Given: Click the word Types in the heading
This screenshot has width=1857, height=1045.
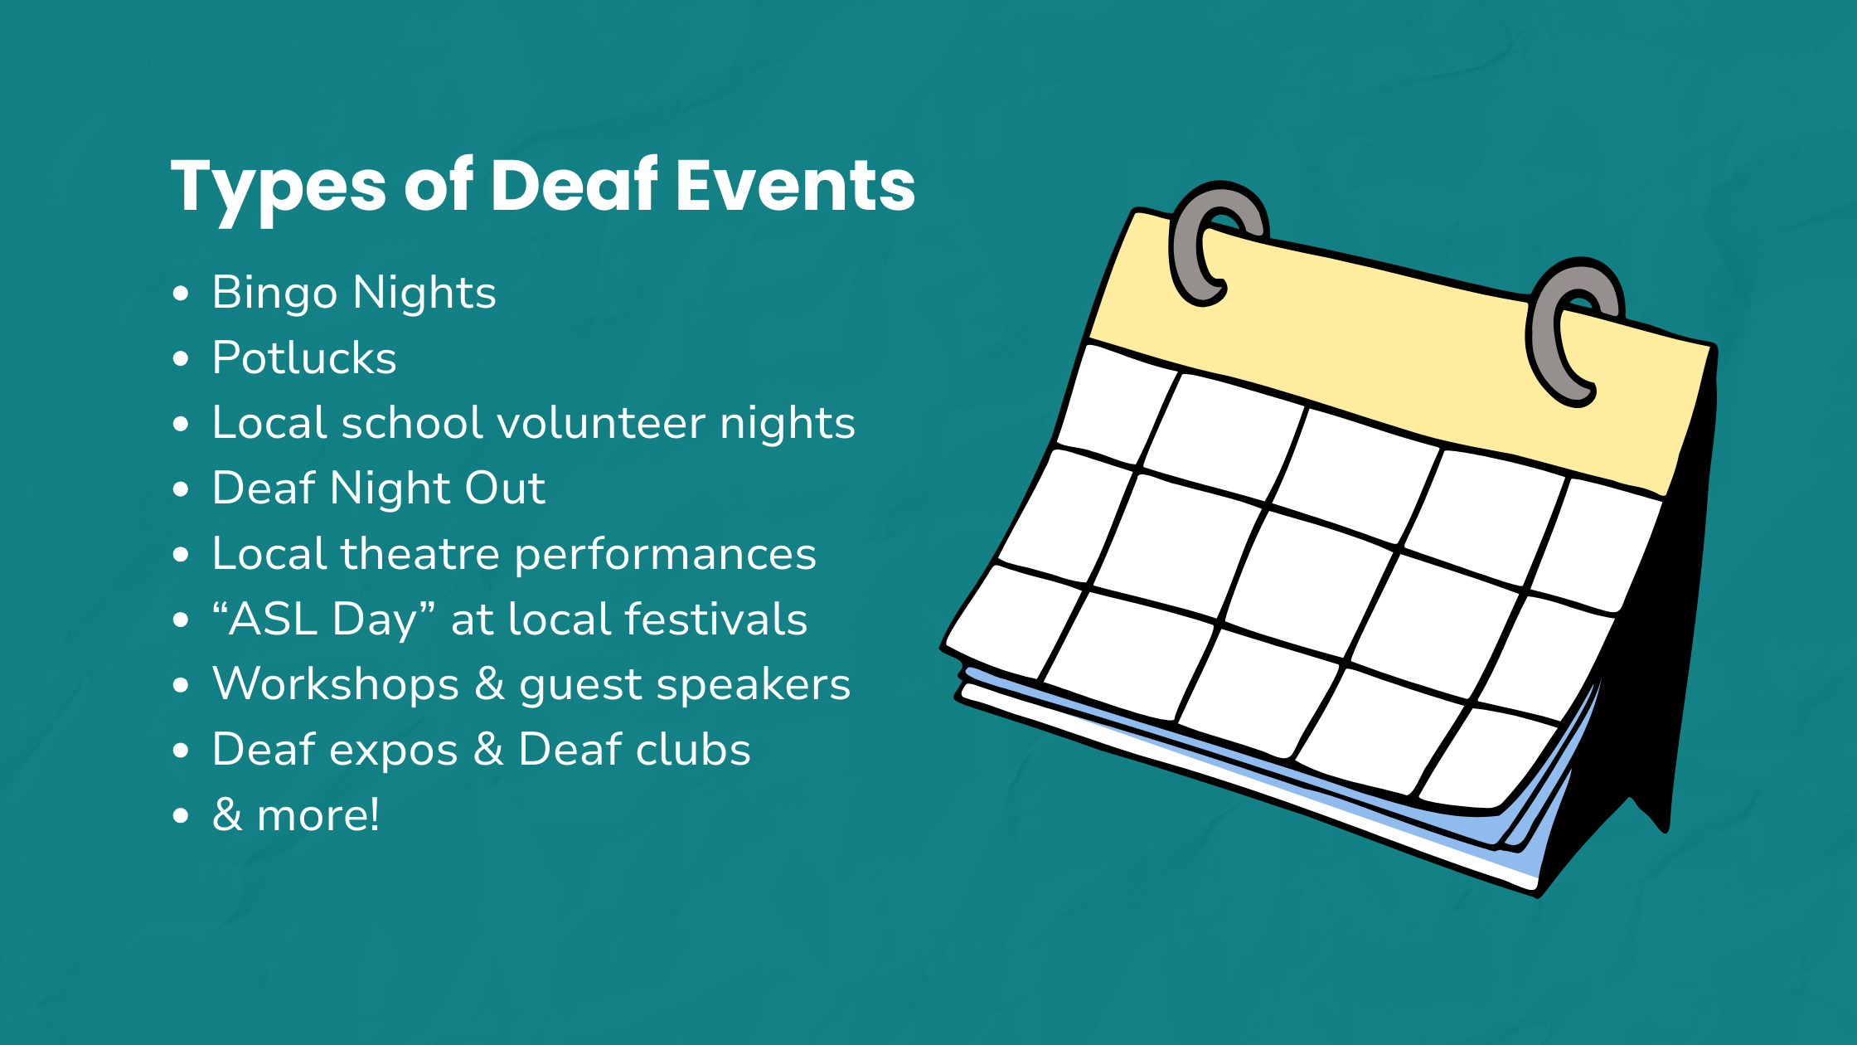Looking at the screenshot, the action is point(278,189).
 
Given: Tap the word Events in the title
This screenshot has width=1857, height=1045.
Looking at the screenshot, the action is point(795,185).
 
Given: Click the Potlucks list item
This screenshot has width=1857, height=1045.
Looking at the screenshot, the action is point(304,357).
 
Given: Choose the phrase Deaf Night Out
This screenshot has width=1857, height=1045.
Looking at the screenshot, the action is point(379,488).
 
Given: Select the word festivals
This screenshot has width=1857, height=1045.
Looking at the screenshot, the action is point(715,619).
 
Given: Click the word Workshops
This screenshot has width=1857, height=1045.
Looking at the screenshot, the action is point(336,684).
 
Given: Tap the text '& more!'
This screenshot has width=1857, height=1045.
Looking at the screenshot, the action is point(296,814).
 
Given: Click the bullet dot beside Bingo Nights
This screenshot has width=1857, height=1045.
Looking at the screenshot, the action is point(181,294).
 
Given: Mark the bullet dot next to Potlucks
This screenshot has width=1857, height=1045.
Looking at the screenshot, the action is point(181,359).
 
